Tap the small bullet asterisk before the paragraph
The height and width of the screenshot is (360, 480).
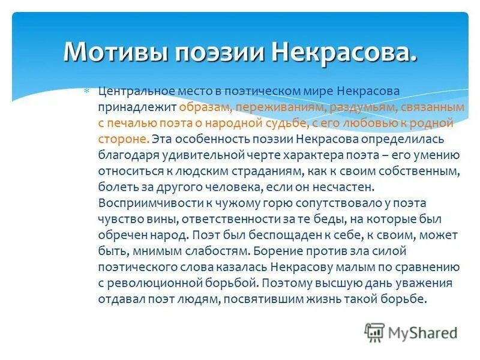coord(86,91)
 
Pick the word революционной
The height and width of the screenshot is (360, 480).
coord(158,282)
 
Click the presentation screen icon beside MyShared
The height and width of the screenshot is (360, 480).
coord(374,332)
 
